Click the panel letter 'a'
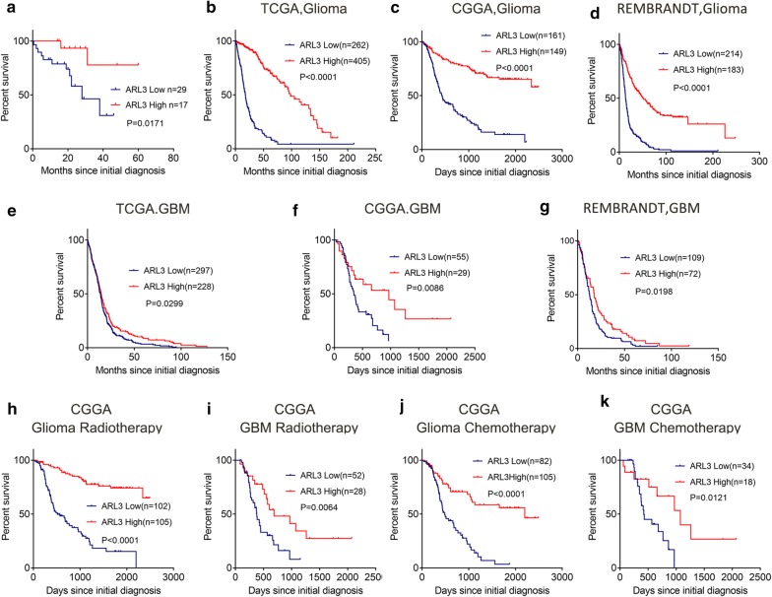pyautogui.click(x=7, y=11)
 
